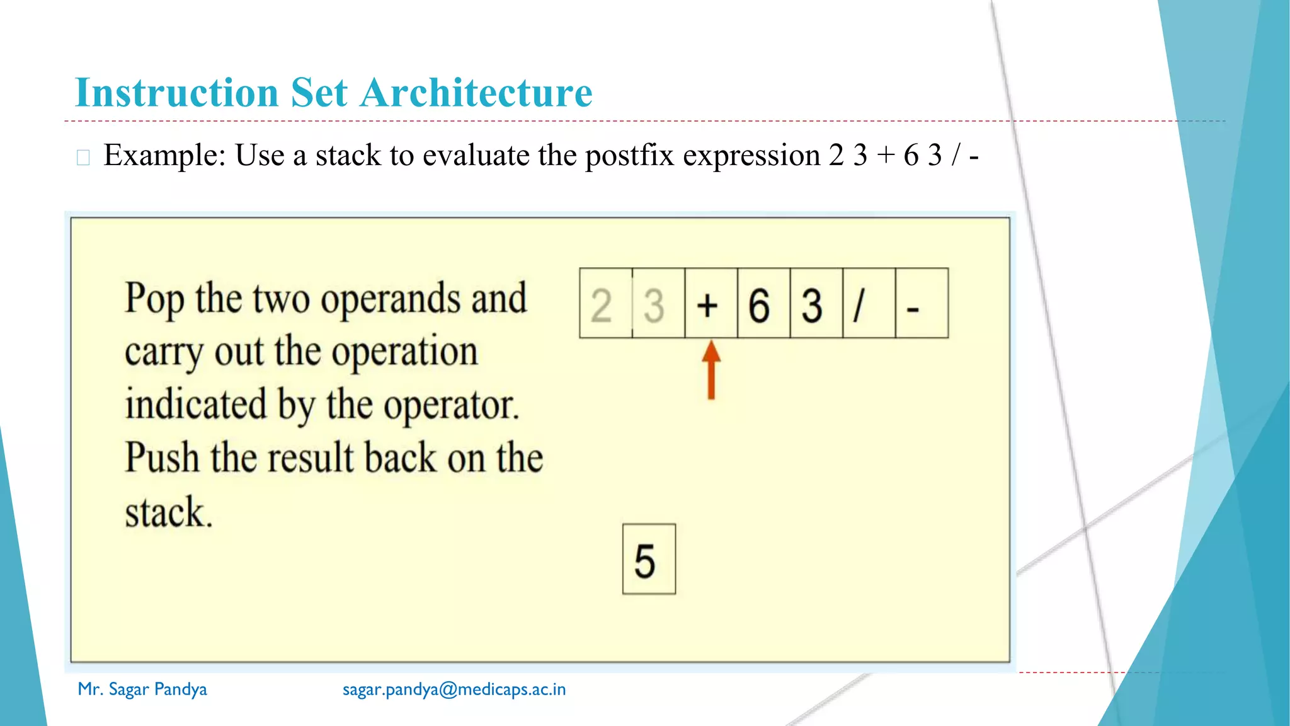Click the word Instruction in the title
pyautogui.click(x=177, y=93)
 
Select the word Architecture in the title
pyautogui.click(x=476, y=93)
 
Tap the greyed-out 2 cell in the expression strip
pyautogui.click(x=605, y=304)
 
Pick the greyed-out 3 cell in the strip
pyautogui.click(x=658, y=304)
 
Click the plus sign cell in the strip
pyautogui.click(x=711, y=304)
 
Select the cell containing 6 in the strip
pyautogui.click(x=763, y=304)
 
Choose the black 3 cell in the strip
pyautogui.click(x=815, y=304)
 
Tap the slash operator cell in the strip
pyautogui.click(x=868, y=304)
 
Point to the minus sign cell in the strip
pyautogui.click(x=920, y=304)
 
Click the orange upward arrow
pyautogui.click(x=711, y=370)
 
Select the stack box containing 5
pyautogui.click(x=648, y=559)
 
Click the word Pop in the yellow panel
pyautogui.click(x=154, y=299)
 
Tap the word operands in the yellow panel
pyautogui.click(x=390, y=299)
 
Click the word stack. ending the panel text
pyautogui.click(x=168, y=512)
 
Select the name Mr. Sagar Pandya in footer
pyautogui.click(x=142, y=689)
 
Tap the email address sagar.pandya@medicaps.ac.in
pyautogui.click(x=454, y=689)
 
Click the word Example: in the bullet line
pyautogui.click(x=165, y=155)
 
